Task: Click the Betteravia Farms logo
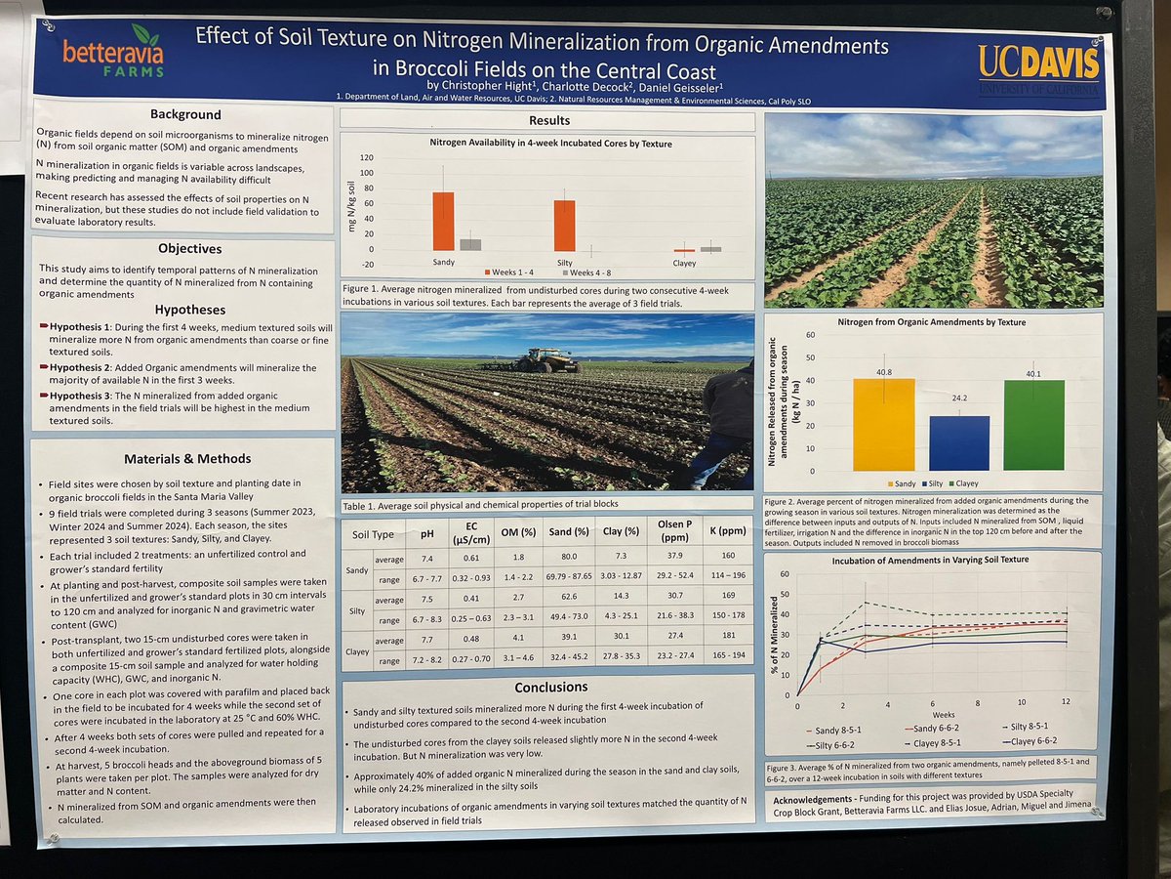(x=112, y=57)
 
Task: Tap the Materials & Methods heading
(x=187, y=458)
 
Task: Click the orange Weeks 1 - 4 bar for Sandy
(x=443, y=221)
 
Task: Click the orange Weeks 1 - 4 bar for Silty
(x=564, y=226)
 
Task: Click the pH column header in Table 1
(x=425, y=534)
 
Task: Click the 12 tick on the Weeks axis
(x=1066, y=703)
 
